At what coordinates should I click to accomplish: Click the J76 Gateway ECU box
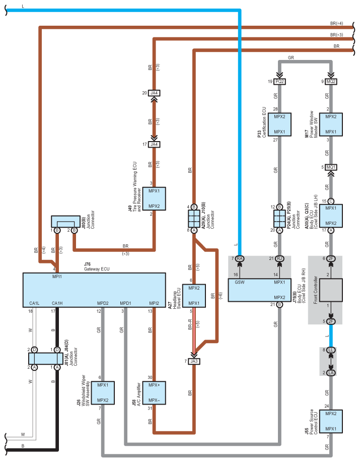[94, 290]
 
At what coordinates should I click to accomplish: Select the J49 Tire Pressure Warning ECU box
[154, 199]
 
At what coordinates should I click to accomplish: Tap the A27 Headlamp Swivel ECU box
[194, 296]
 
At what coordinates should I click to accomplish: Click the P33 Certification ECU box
[279, 124]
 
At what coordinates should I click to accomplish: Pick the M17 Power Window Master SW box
[331, 124]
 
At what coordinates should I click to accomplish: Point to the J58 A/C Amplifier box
[154, 393]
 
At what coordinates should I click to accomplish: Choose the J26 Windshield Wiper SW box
[103, 393]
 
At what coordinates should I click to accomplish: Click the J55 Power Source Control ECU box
[331, 421]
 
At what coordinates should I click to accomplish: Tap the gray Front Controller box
[331, 290]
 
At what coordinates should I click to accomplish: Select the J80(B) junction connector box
[65, 222]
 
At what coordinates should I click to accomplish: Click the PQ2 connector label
[279, 81]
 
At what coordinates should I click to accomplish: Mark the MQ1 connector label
[331, 167]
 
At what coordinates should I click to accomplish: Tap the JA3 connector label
[194, 361]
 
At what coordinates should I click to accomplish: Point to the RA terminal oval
[240, 258]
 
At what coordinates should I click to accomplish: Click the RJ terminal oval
[279, 258]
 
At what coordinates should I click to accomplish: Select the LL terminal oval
[331, 350]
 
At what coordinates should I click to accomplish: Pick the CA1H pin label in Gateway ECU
[57, 303]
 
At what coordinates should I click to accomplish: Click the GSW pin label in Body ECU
[240, 282]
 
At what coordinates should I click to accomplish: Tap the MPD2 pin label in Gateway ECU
[103, 303]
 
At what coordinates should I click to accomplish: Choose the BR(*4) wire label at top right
[336, 23]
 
